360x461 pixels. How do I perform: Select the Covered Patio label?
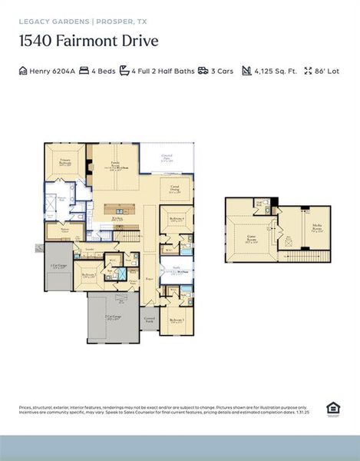pyautogui.click(x=166, y=158)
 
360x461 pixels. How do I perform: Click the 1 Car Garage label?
pyautogui.click(x=58, y=267)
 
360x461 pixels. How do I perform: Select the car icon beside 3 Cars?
pyautogui.click(x=203, y=71)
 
